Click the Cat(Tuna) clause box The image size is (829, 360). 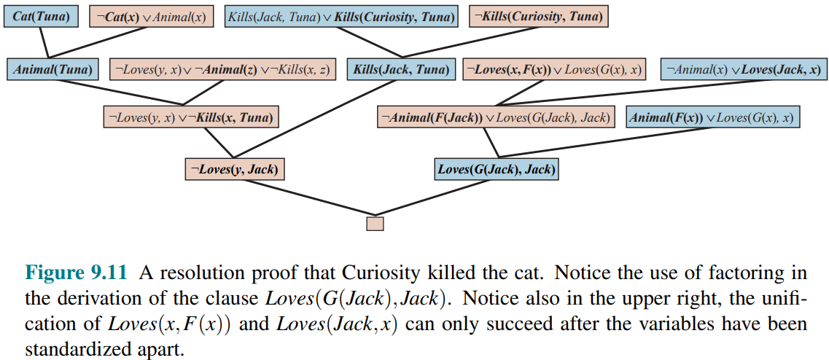tap(42, 17)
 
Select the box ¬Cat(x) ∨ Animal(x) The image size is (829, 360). tap(152, 17)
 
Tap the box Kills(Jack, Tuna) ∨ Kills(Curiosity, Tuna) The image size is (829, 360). tap(341, 17)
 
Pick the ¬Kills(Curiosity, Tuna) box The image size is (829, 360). tap(539, 17)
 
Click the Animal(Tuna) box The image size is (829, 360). tap(53, 69)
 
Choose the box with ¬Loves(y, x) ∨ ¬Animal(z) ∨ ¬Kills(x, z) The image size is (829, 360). tap(222, 69)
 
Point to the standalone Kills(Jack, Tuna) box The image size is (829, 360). tap(401, 69)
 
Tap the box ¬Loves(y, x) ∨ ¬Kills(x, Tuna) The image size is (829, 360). tap(191, 117)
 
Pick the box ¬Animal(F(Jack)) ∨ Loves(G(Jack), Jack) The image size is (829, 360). tap(495, 117)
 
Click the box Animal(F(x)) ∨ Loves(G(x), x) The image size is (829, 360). tap(712, 117)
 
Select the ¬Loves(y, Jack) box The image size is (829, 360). tap(235, 169)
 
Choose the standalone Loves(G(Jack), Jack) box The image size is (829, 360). tap(497, 169)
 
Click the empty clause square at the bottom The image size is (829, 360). tap(375, 223)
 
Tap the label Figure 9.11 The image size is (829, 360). tap(77, 274)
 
